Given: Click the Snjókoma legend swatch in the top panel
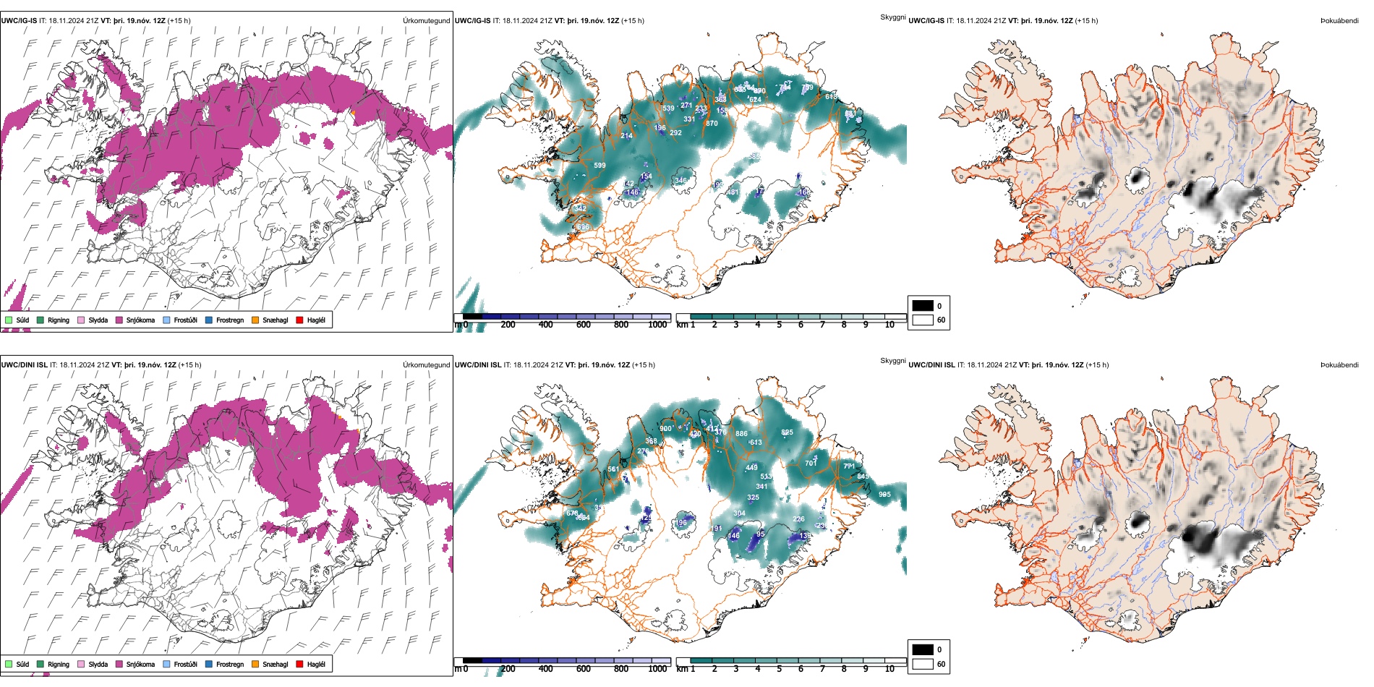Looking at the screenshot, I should pyautogui.click(x=120, y=320).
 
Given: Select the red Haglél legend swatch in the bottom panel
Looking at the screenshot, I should pyautogui.click(x=300, y=664).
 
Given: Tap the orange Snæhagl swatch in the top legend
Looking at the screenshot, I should pyautogui.click(x=255, y=320).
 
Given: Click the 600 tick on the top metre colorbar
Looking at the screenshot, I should pyautogui.click(x=584, y=325).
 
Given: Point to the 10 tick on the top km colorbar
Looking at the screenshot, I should pyautogui.click(x=889, y=325).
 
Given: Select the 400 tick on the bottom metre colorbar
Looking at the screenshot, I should pyautogui.click(x=546, y=669).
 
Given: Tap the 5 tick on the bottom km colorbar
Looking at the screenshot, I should pyautogui.click(x=780, y=669).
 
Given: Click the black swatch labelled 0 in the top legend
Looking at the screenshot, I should pyautogui.click(x=923, y=306).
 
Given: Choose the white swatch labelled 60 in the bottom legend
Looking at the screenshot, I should pyautogui.click(x=923, y=664).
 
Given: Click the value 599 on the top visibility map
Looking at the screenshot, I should pyautogui.click(x=599, y=166).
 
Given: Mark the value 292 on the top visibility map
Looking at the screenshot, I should pyautogui.click(x=675, y=133).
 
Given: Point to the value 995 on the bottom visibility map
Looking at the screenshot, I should pyautogui.click(x=884, y=495).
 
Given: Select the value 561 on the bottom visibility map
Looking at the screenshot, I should pyautogui.click(x=613, y=469).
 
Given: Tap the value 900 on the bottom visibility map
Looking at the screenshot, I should pyautogui.click(x=665, y=429).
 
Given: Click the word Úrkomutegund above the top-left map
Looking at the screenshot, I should pyautogui.click(x=426, y=21).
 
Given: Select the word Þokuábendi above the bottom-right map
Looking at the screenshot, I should pyautogui.click(x=1339, y=365).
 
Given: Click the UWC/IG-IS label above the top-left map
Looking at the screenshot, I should pyautogui.click(x=19, y=21).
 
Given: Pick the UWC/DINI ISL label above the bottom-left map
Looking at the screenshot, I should pyautogui.click(x=24, y=365).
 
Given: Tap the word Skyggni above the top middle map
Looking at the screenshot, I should pyautogui.click(x=892, y=17).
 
